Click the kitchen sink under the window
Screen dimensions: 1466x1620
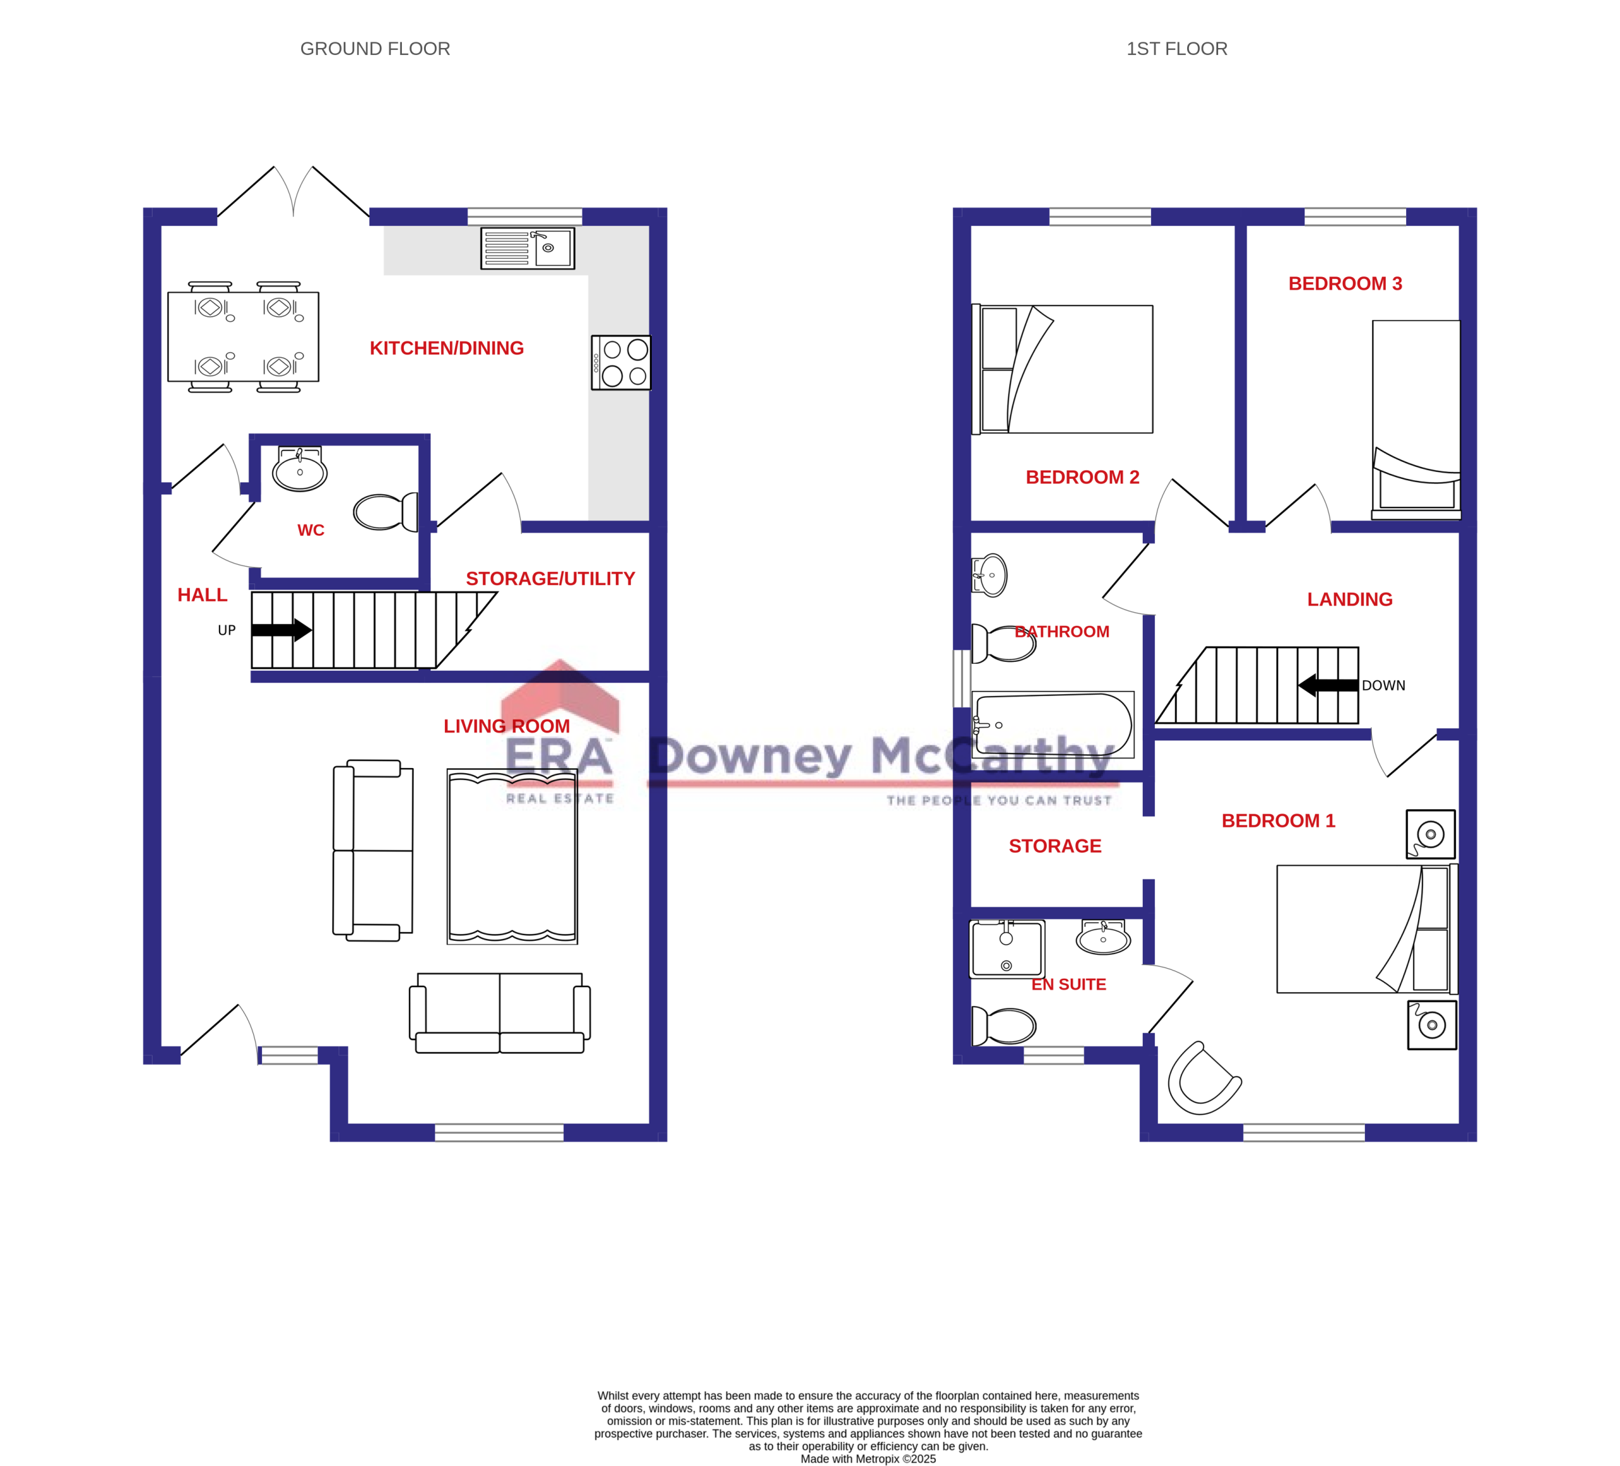pyautogui.click(x=527, y=248)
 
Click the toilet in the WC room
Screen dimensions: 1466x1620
pyautogui.click(x=387, y=512)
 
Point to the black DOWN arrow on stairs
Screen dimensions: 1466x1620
pyautogui.click(x=1328, y=685)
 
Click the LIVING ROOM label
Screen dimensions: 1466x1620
pyautogui.click(x=506, y=726)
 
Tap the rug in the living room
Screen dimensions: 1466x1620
pyautogui.click(x=512, y=856)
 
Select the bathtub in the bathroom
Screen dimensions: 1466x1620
pyautogui.click(x=1052, y=724)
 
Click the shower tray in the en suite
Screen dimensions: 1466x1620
pyautogui.click(x=1007, y=948)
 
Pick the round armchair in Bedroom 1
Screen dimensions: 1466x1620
pyautogui.click(x=1203, y=1079)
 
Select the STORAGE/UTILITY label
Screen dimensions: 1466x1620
pyautogui.click(x=550, y=578)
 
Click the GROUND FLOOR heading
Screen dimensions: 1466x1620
pyautogui.click(x=375, y=49)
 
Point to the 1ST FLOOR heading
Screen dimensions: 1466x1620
pyautogui.click(x=1176, y=49)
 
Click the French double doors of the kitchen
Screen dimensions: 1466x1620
pyautogui.click(x=293, y=193)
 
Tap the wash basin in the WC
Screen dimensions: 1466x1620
pyautogui.click(x=300, y=471)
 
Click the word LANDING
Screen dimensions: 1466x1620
pyautogui.click(x=1349, y=599)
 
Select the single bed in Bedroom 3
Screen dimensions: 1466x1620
pyautogui.click(x=1415, y=418)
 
